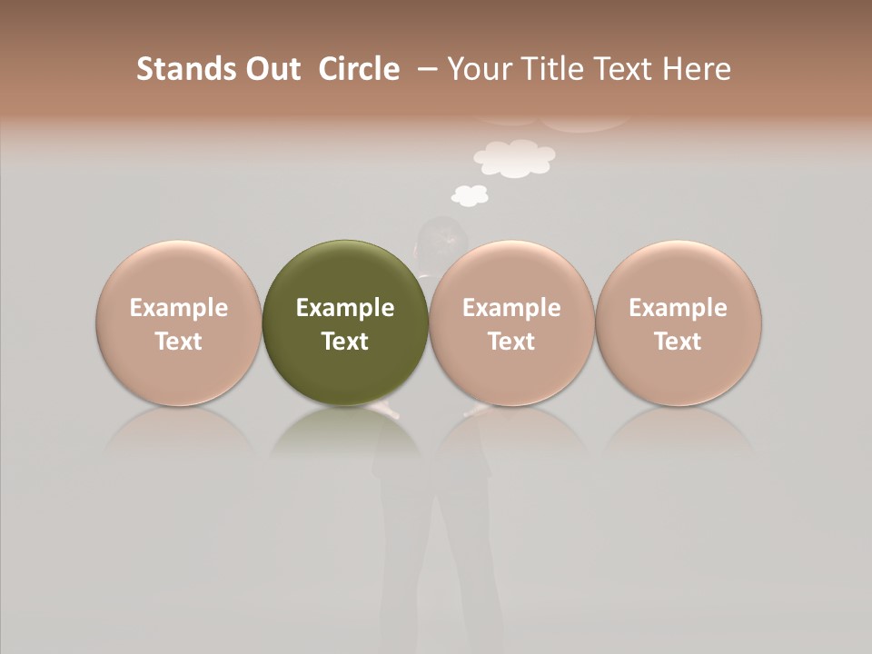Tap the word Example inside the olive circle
click(x=345, y=308)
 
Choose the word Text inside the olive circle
click(x=345, y=342)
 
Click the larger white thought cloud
click(x=514, y=157)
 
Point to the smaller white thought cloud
click(x=470, y=194)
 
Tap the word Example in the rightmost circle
click(x=678, y=308)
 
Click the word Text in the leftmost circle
click(x=178, y=342)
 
